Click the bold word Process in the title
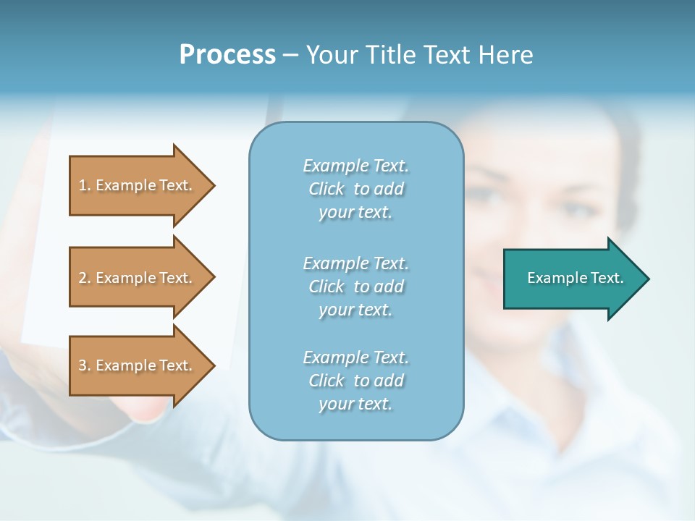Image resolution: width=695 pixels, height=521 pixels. [x=227, y=55]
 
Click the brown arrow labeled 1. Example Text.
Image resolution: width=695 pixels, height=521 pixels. [x=138, y=185]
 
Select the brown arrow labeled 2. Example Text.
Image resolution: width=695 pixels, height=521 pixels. [x=138, y=278]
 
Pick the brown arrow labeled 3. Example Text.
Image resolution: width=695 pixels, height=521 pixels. [x=138, y=365]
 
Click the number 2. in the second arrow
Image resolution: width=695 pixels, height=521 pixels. [x=85, y=278]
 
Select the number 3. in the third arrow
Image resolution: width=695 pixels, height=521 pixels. [x=85, y=365]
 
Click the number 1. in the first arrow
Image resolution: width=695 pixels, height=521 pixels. [x=85, y=185]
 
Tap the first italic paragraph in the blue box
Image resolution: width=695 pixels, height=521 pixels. [x=355, y=189]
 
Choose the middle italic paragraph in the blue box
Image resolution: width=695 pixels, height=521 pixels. [x=355, y=287]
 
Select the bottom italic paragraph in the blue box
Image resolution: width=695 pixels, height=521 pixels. [x=355, y=381]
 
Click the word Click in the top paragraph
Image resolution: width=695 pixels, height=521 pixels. [x=327, y=189]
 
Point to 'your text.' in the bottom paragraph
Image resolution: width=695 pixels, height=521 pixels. [x=355, y=404]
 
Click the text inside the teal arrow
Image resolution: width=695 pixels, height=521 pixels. [x=575, y=278]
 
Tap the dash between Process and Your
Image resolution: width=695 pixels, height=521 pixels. [x=291, y=55]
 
